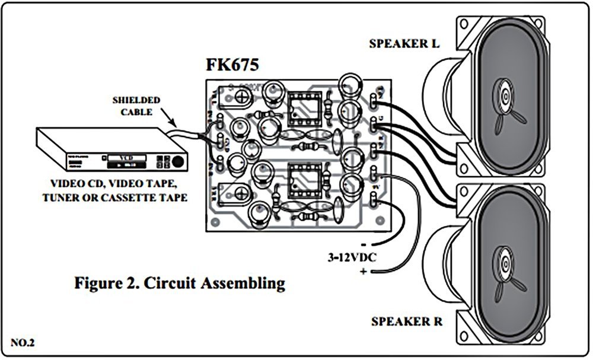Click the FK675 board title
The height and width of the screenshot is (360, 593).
pos(233,64)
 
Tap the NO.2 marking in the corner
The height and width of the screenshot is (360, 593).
pos(23,343)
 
